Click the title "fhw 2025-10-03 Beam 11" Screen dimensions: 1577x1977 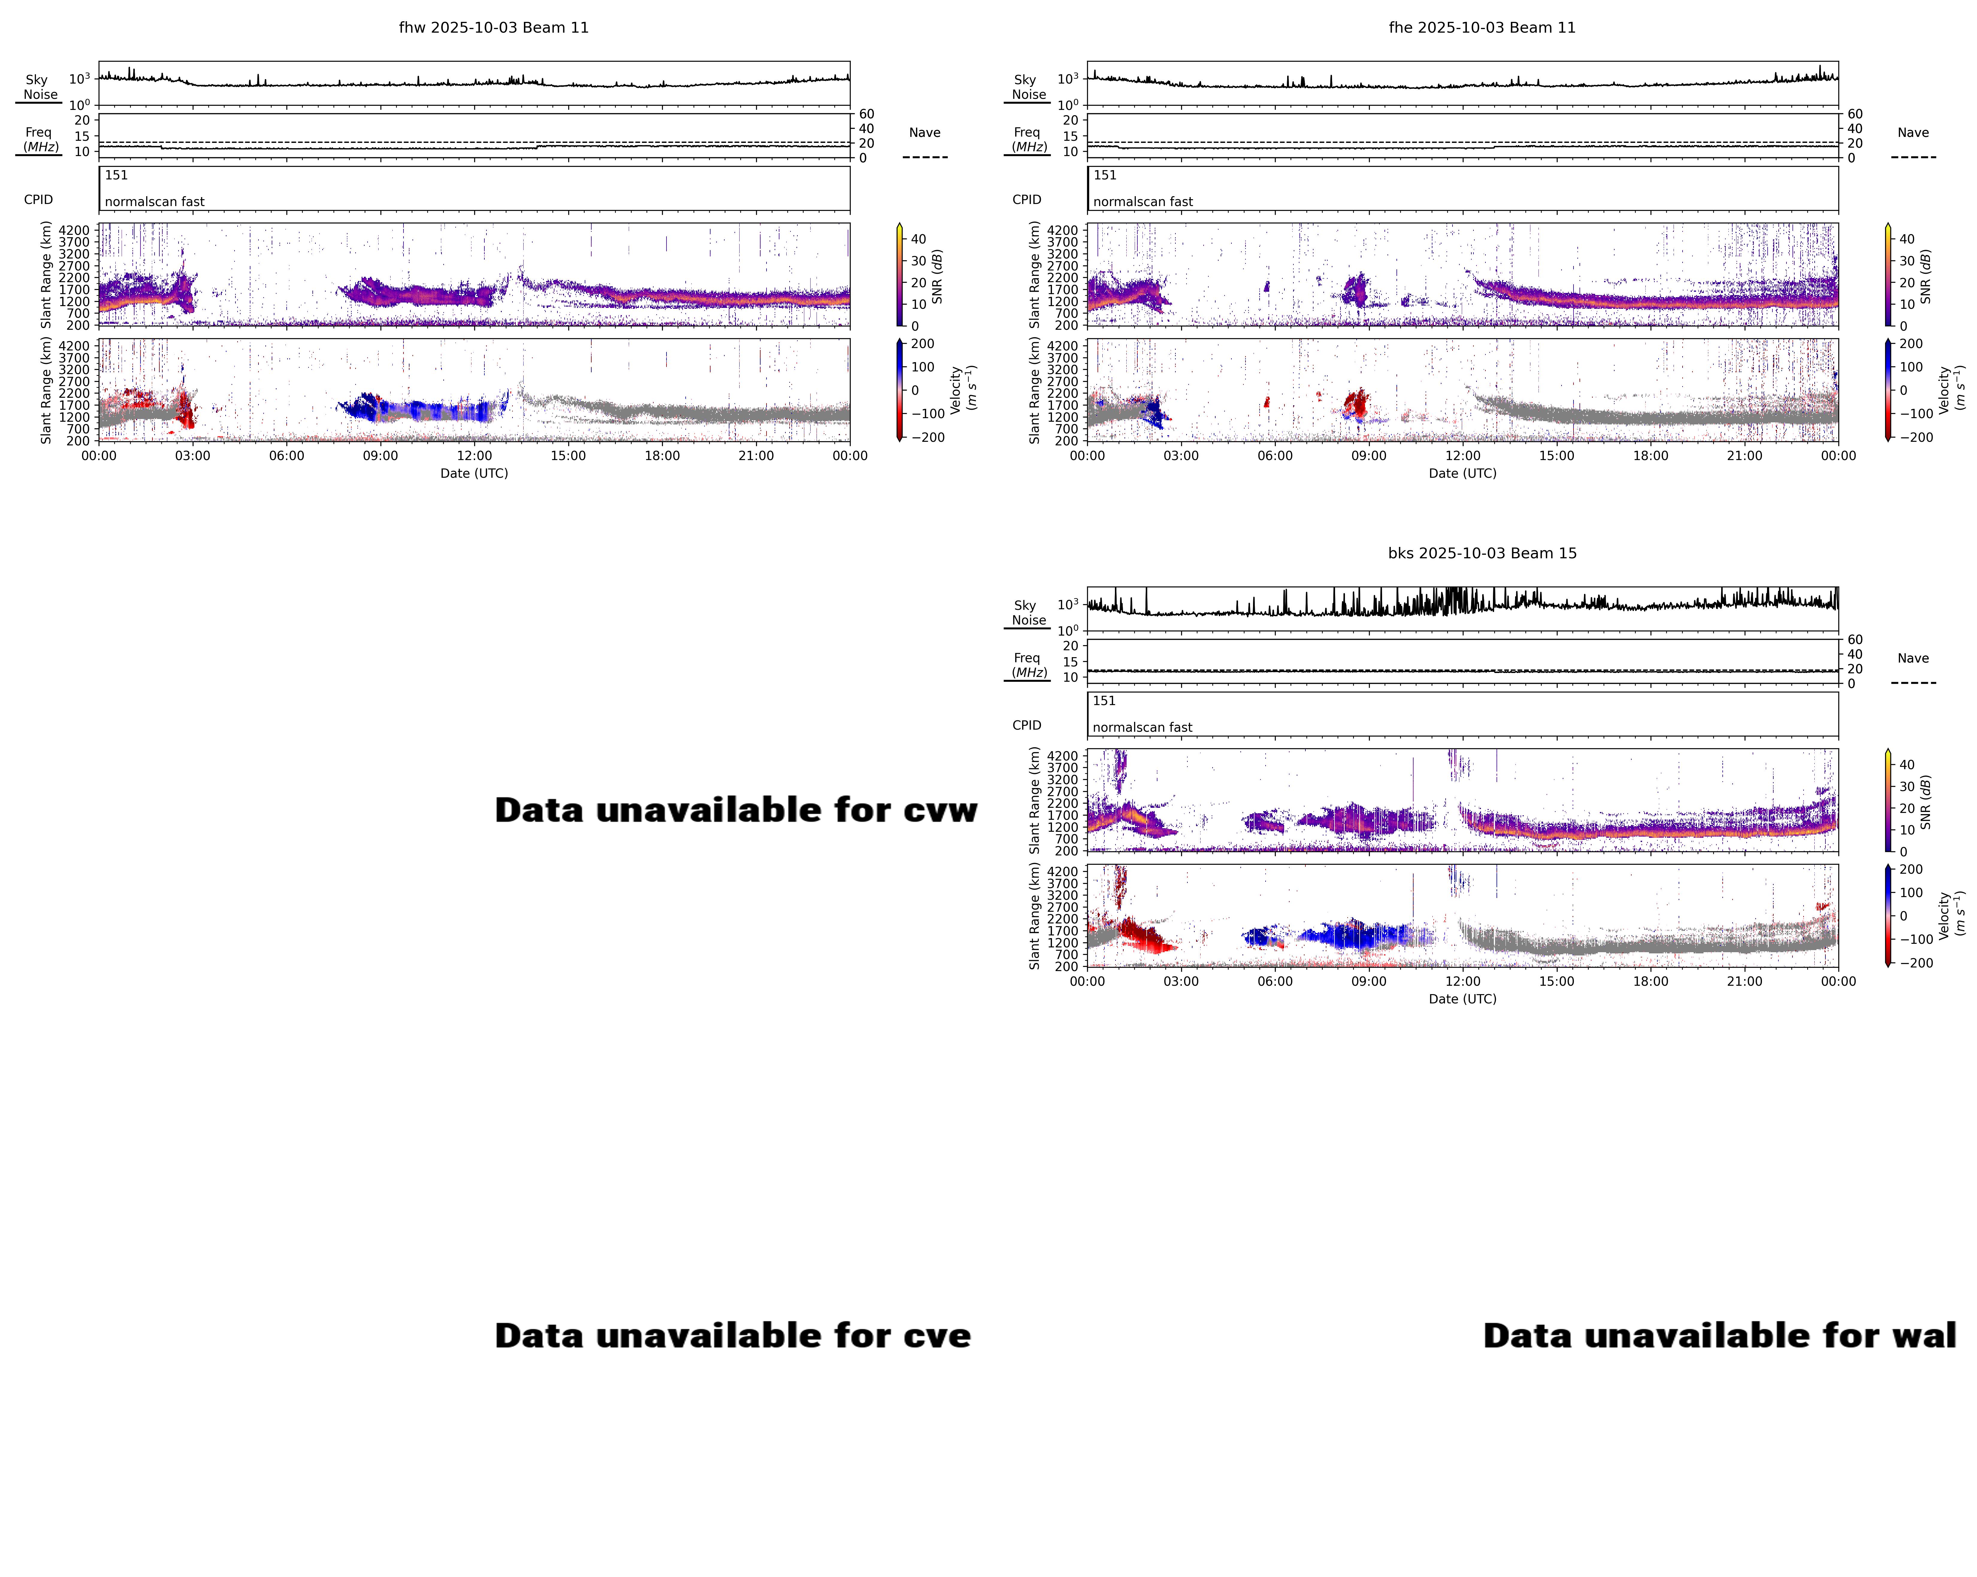493,28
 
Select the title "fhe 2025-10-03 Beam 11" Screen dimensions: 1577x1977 1482,28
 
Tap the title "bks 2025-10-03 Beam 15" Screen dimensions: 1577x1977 1482,553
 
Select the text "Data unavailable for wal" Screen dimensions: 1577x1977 1719,1336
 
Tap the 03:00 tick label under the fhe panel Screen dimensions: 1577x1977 1181,456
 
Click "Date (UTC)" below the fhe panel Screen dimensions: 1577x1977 1462,473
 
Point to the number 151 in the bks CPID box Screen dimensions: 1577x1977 1104,701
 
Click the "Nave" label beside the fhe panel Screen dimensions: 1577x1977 1913,133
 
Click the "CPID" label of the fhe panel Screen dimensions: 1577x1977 1026,200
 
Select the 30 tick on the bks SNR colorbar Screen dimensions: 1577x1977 1906,787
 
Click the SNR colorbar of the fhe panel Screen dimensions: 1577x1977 1888,275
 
